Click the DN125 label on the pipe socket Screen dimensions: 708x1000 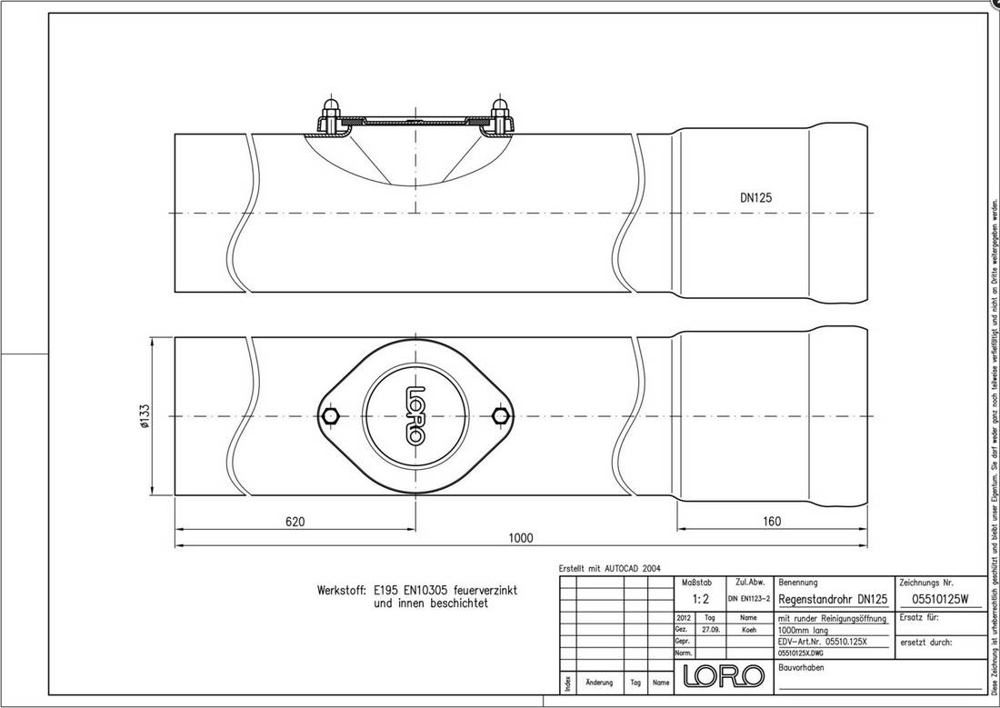[756, 195]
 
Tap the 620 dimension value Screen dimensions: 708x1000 [295, 522]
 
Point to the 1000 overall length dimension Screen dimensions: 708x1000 [520, 538]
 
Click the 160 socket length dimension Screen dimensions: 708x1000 [772, 522]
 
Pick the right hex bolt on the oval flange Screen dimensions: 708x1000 [498, 416]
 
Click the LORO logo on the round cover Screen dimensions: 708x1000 [415, 416]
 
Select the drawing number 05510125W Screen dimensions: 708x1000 [939, 599]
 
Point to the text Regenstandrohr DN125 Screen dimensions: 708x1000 [833, 599]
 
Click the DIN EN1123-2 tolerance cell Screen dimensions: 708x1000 [748, 599]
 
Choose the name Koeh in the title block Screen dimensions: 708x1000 [748, 628]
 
